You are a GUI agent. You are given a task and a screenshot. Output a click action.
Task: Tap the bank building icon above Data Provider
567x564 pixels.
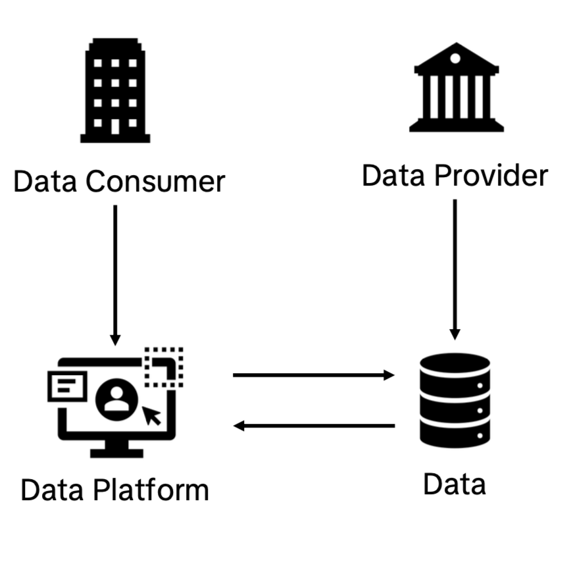456,88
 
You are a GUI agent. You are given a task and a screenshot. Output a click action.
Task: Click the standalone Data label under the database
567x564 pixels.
455,484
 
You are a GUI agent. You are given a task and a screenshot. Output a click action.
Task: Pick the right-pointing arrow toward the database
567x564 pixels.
313,375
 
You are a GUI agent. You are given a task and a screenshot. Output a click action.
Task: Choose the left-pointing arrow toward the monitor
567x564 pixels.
314,426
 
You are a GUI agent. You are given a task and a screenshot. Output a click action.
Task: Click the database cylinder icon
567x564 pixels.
455,399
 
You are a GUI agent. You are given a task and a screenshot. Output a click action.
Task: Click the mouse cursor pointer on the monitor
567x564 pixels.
153,415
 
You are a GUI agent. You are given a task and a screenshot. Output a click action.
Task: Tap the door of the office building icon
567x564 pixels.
115,126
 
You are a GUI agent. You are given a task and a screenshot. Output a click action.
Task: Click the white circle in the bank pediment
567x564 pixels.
456,59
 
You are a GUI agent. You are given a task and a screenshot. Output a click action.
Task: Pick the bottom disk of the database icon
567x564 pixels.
455,432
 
